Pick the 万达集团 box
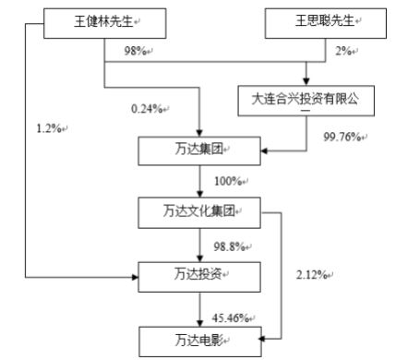[199, 148]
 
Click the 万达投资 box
[199, 274]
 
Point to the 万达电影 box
[199, 340]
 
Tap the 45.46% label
[229, 317]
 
